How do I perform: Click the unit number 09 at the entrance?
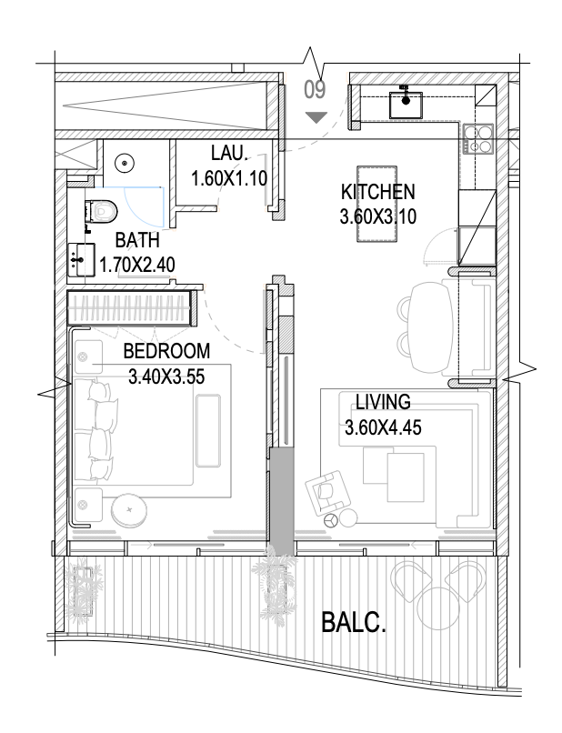pyautogui.click(x=315, y=90)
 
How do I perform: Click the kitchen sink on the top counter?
pyautogui.click(x=406, y=104)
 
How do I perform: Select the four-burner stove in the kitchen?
pyautogui.click(x=477, y=138)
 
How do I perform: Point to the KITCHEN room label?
pyautogui.click(x=377, y=192)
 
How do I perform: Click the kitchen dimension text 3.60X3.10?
pyautogui.click(x=377, y=217)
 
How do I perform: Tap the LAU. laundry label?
pyautogui.click(x=229, y=153)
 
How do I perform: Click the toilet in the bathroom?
pyautogui.click(x=101, y=211)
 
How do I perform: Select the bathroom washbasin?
pyautogui.click(x=82, y=259)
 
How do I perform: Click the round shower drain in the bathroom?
pyautogui.click(x=125, y=163)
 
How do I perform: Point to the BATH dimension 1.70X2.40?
pyautogui.click(x=137, y=265)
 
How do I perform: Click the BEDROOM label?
pyautogui.click(x=166, y=351)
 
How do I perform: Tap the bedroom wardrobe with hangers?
pyautogui.click(x=131, y=307)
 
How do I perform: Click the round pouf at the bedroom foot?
pyautogui.click(x=129, y=509)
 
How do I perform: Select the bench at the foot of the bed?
pyautogui.click(x=208, y=430)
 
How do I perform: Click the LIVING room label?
pyautogui.click(x=383, y=402)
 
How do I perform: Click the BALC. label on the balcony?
pyautogui.click(x=354, y=623)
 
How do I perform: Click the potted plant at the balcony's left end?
pyautogui.click(x=84, y=587)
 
